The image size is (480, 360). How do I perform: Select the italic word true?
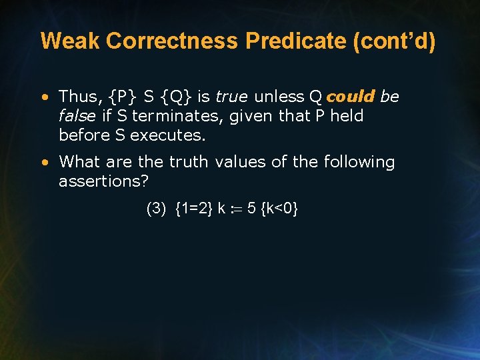click(231, 97)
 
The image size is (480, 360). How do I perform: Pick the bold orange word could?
click(351, 97)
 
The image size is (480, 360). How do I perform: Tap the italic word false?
click(77, 116)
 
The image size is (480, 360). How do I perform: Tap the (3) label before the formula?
click(156, 209)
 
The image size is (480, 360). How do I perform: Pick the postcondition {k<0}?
click(279, 209)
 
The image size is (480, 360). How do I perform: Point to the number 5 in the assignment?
click(251, 209)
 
